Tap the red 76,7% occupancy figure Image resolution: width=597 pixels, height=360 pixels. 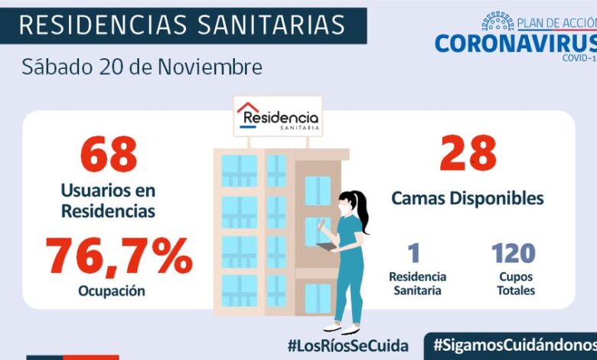119,257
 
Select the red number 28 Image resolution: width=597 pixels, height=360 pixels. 468,153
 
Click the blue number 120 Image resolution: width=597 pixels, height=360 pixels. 513,253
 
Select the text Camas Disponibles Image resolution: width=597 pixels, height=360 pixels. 468,198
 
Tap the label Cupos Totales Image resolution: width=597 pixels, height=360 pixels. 514,283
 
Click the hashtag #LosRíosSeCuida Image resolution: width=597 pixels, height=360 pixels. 347,345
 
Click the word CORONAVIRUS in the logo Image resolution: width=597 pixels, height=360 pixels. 514,43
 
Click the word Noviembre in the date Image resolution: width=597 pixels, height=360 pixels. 210,67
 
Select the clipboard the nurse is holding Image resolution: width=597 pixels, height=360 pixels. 325,246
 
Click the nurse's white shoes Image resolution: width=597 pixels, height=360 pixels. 341,330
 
